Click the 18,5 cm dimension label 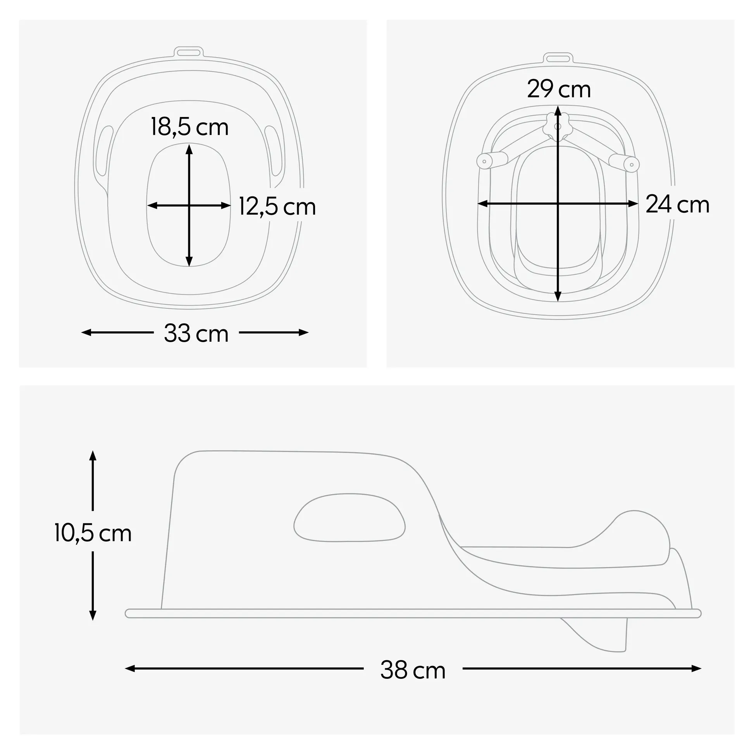tap(190, 127)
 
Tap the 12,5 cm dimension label tap(277, 207)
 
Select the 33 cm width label tap(196, 334)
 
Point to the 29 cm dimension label tap(558, 90)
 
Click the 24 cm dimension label tap(677, 205)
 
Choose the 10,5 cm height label tap(93, 533)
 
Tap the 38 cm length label tap(413, 670)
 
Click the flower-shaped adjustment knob tap(557, 126)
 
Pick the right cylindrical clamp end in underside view tap(625, 162)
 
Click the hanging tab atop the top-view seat tap(188, 52)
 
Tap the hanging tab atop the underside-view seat tap(558, 59)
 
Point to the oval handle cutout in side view tap(349, 518)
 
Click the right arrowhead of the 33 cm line tap(304, 332)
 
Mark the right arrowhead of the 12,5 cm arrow tap(226, 206)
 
